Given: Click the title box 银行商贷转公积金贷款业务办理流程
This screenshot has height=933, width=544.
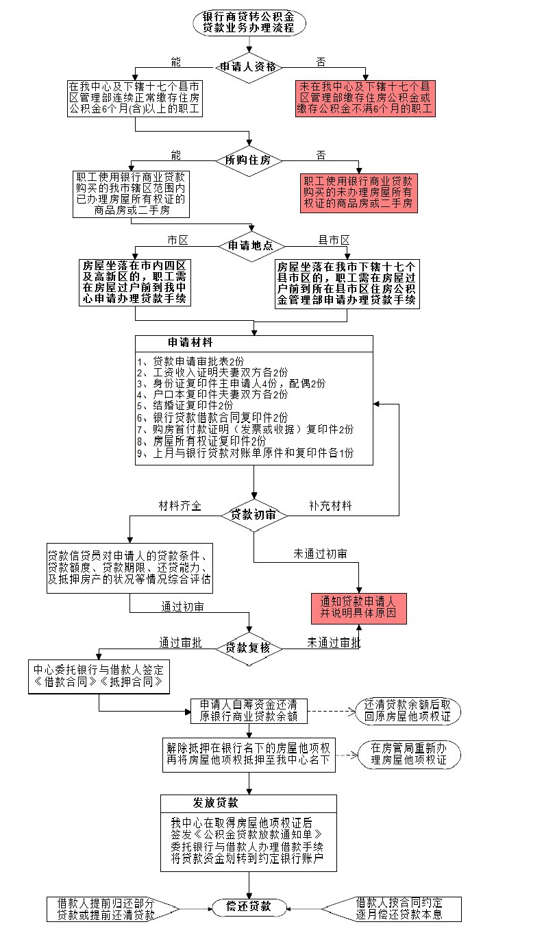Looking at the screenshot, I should [249, 22].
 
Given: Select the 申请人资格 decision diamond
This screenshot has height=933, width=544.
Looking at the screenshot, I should [249, 67].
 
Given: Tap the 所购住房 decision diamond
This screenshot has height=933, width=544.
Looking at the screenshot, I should [249, 160].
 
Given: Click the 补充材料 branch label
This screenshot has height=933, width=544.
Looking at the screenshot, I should [330, 506].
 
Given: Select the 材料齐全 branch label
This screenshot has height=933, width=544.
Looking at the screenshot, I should [180, 506].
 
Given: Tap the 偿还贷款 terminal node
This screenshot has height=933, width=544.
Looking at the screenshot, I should [249, 907].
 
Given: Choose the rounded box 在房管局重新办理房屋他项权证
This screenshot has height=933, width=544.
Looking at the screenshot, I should [409, 754].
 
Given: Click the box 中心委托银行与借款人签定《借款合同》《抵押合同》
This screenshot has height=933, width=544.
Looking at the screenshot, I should [99, 676].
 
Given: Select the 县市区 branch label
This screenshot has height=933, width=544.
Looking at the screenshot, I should [334, 240].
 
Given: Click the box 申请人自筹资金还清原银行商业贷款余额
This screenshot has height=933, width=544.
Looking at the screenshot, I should [248, 711].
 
